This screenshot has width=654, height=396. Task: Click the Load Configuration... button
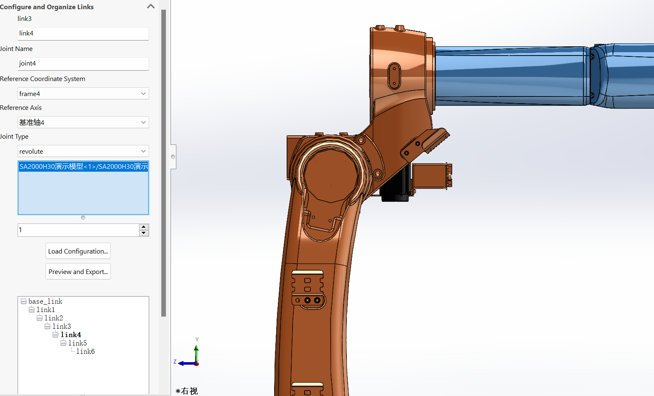click(x=78, y=251)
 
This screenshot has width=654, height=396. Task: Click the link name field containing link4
click(x=83, y=33)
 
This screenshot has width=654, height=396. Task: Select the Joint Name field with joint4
click(x=83, y=63)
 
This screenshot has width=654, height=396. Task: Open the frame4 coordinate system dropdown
click(x=83, y=94)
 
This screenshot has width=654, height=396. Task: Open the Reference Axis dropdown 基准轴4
click(x=83, y=122)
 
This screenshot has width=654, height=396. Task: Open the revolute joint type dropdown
click(x=83, y=151)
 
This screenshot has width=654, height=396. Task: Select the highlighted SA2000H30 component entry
click(x=83, y=167)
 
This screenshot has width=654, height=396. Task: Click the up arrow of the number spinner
click(x=144, y=227)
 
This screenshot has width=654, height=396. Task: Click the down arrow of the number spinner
click(x=144, y=233)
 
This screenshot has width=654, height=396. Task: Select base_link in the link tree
click(x=45, y=302)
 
